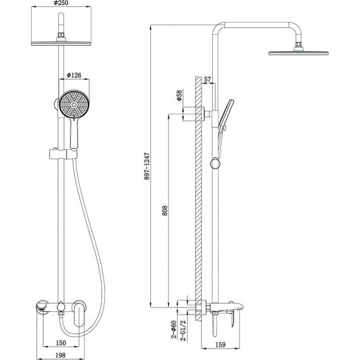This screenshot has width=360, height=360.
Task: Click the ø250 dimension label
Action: [x=61, y=3]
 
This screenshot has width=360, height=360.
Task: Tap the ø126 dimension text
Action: [x=74, y=75]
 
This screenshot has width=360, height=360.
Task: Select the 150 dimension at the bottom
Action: [x=61, y=343]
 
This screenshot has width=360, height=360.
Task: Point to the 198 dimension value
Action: [x=61, y=355]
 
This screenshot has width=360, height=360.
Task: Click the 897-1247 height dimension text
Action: [x=147, y=165]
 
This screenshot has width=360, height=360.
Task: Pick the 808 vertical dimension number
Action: [x=165, y=210]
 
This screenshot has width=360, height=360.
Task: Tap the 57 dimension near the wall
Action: [x=207, y=80]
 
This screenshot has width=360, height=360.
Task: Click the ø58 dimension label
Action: [x=179, y=95]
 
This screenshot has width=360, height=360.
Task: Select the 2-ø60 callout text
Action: [x=174, y=330]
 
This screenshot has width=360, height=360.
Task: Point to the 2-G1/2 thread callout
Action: [x=183, y=330]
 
